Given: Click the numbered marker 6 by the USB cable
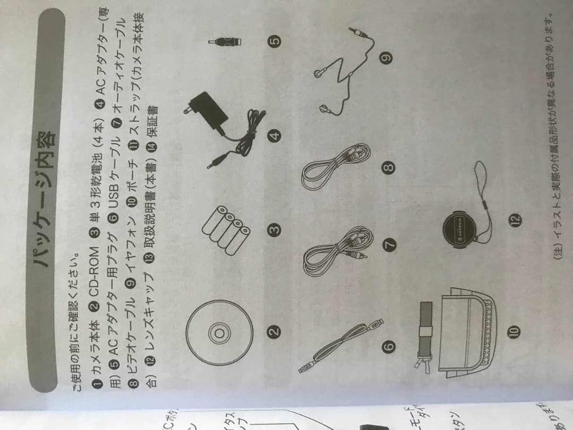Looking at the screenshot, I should tap(389, 346).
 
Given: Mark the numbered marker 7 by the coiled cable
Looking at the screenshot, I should tap(389, 245).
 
